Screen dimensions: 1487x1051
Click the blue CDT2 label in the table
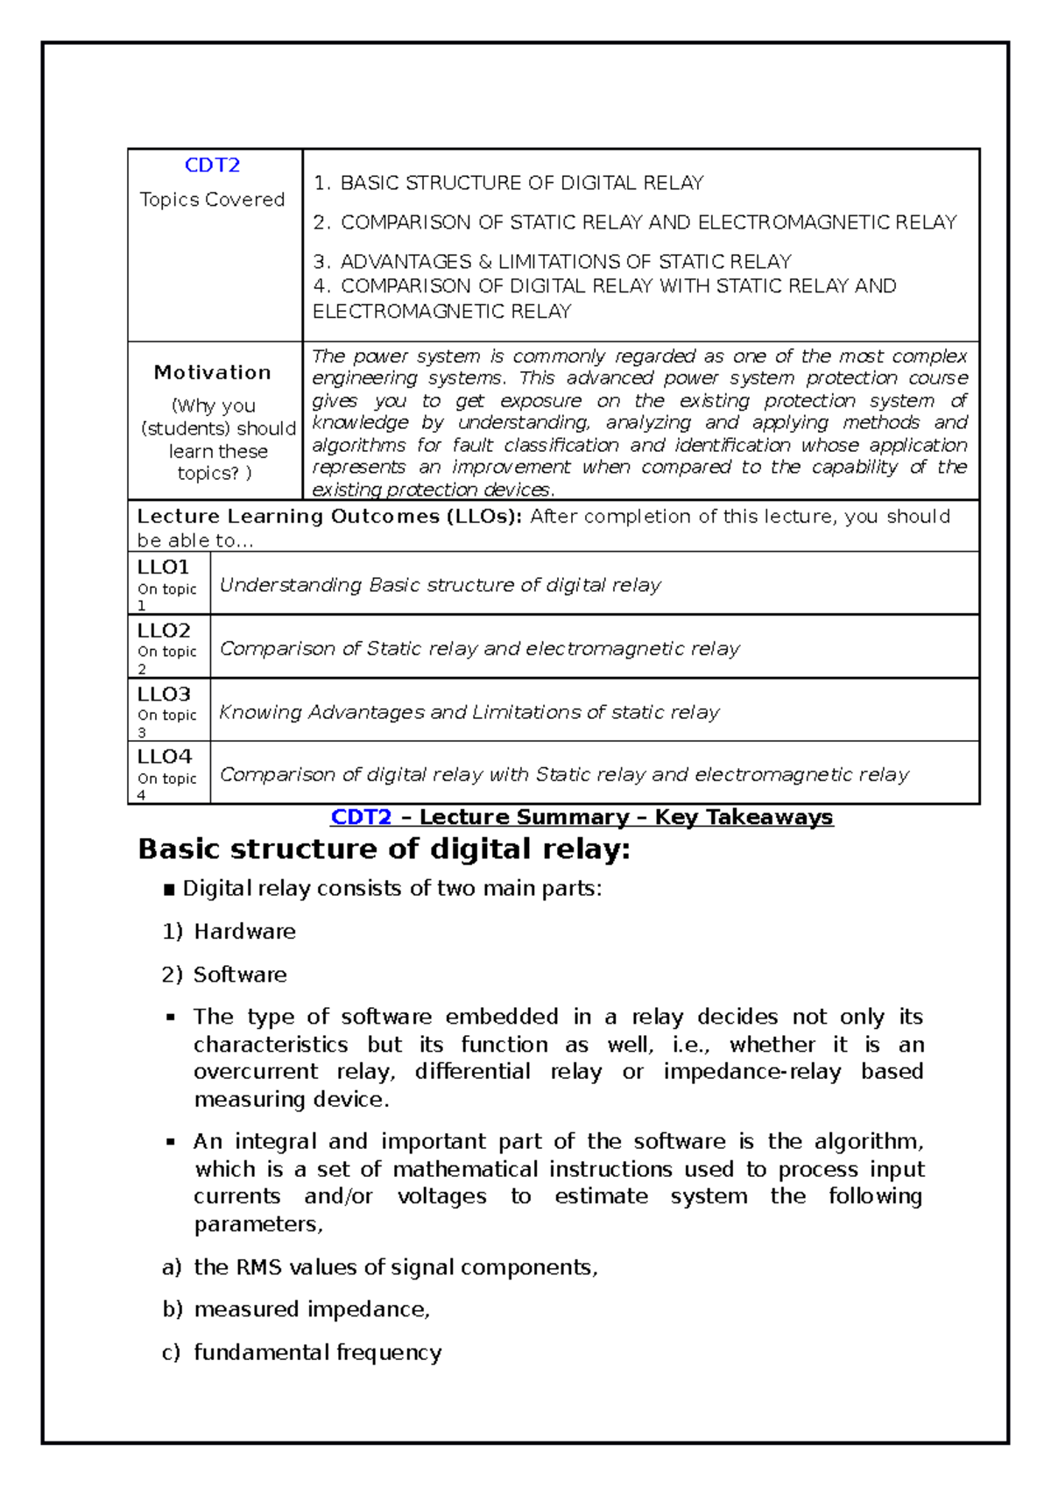(212, 166)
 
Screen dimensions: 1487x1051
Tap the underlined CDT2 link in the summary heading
(361, 817)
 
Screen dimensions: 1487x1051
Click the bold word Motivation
(212, 373)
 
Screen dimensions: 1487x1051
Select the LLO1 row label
(163, 567)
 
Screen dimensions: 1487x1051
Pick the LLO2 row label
(164, 631)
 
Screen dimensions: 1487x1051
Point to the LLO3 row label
(164, 694)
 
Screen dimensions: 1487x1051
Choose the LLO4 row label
(164, 757)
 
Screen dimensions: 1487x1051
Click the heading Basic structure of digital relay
(384, 849)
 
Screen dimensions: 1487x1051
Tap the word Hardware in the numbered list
(244, 932)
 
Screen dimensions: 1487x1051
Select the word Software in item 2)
(240, 975)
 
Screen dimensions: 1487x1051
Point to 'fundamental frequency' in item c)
(317, 1352)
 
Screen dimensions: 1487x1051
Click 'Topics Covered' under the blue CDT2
(212, 200)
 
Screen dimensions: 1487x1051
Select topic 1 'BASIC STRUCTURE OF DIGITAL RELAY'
(521, 183)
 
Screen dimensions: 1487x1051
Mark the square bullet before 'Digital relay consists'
(170, 890)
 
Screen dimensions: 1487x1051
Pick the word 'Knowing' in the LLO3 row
(260, 713)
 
